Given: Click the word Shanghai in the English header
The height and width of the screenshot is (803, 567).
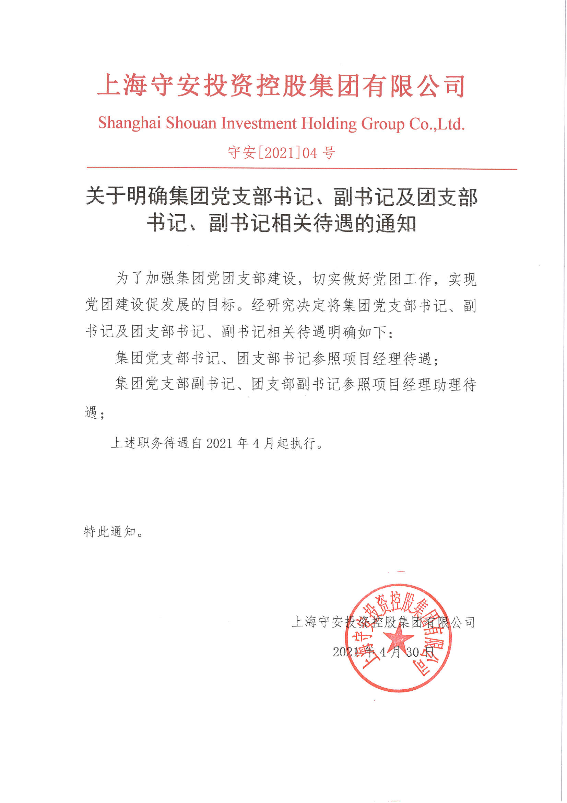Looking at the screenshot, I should coord(129,123).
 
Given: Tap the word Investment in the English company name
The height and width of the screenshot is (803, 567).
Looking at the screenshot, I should coord(259,123).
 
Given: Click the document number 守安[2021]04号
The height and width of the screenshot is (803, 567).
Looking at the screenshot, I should coord(281,153).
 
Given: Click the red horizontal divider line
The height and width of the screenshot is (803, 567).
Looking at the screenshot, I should coord(302,169).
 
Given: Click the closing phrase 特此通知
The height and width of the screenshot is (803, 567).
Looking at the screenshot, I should coord(110,532).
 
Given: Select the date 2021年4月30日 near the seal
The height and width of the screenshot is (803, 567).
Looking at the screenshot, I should coord(383,652).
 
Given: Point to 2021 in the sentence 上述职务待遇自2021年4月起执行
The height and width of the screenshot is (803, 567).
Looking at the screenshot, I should coord(219,443).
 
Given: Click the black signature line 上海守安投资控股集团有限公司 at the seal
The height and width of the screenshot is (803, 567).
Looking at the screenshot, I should coord(383,622).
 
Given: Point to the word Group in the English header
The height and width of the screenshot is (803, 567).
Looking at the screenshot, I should coord(382,123).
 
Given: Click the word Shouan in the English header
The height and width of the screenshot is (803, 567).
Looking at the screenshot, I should coord(191,123).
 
